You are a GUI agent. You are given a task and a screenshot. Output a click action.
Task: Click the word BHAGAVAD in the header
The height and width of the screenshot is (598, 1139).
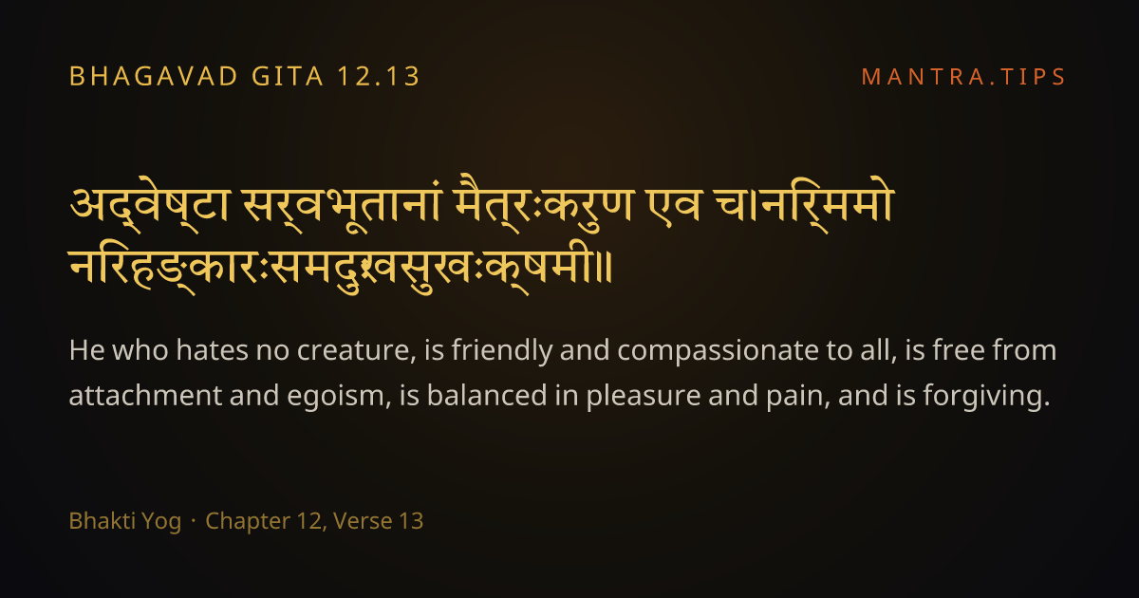(153, 76)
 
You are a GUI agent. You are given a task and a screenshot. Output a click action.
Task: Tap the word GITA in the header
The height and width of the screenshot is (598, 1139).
(288, 76)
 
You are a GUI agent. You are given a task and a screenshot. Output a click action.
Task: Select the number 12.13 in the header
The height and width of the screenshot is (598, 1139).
(379, 76)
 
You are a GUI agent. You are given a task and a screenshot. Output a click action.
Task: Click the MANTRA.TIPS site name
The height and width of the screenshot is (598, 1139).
(963, 77)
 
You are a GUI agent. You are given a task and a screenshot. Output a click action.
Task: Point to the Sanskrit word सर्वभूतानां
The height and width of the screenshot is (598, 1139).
(342, 204)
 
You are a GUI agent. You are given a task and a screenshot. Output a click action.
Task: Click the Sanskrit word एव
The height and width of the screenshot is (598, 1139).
(665, 205)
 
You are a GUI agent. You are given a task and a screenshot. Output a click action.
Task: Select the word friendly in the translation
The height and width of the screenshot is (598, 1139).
(501, 351)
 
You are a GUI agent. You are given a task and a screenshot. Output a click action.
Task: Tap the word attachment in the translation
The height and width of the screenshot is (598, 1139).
(145, 396)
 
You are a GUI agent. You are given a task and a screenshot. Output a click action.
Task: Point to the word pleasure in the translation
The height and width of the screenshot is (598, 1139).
(644, 397)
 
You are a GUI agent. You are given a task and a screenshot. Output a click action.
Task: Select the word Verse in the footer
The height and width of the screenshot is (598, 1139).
(363, 521)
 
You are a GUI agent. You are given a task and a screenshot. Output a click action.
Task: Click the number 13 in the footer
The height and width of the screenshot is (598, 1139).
(411, 521)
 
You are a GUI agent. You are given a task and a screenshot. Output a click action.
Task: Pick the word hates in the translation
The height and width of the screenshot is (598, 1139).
(212, 350)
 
